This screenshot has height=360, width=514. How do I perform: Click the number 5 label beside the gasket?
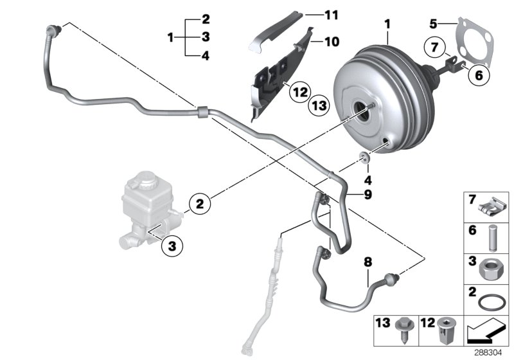coord(434,23)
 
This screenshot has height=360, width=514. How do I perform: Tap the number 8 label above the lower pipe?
coord(368,262)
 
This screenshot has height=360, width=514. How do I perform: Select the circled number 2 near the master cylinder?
coord(200,204)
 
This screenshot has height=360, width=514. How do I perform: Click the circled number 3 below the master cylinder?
coord(172,244)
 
